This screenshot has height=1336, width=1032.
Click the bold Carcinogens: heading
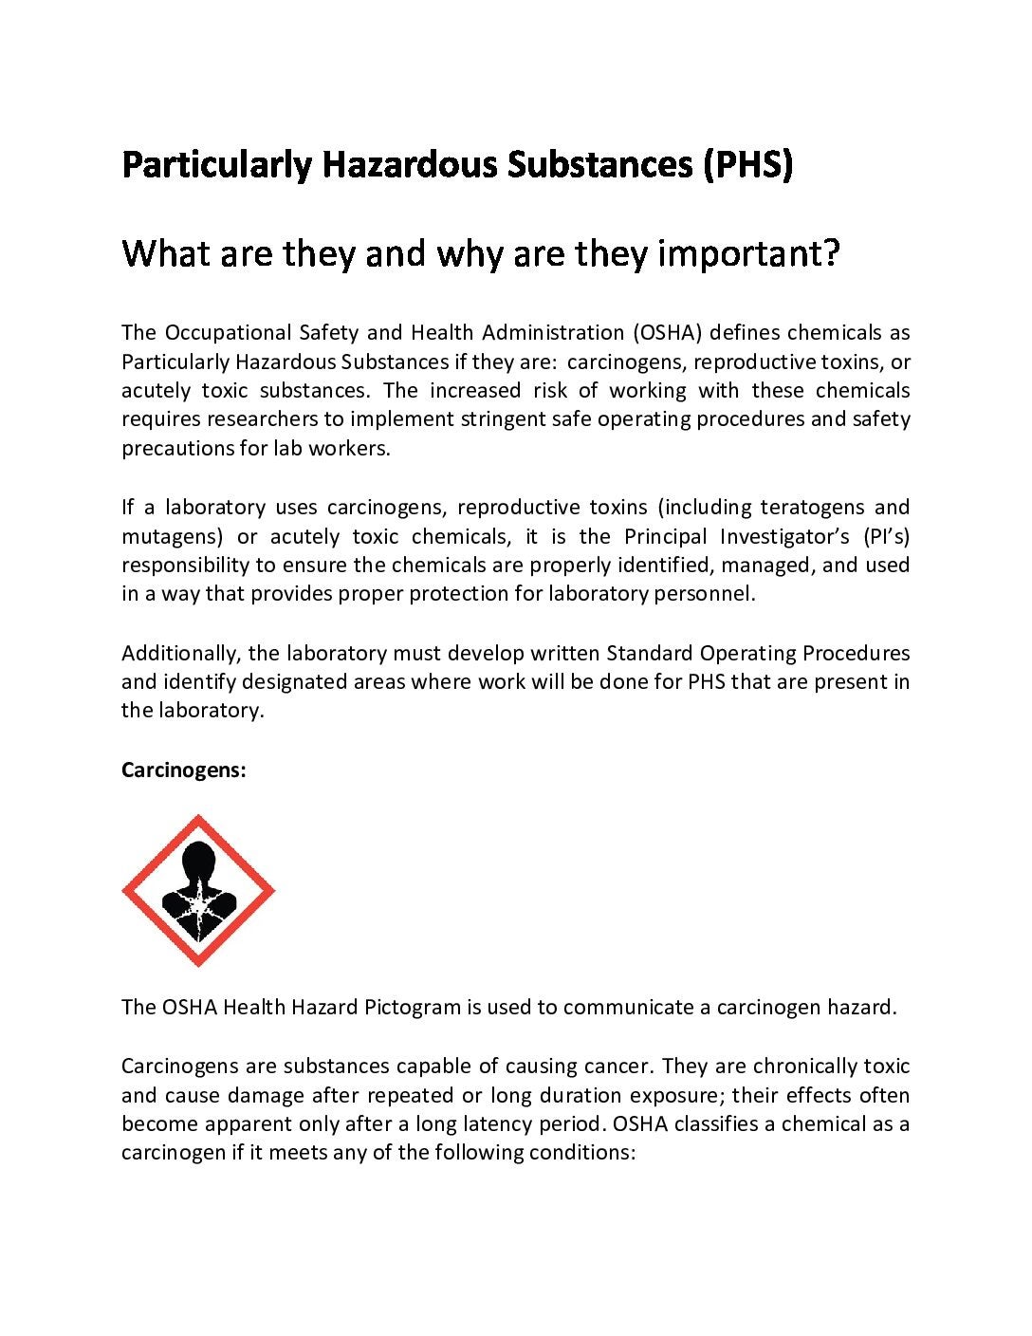pos(183,770)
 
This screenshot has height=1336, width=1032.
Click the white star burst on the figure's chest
pos(198,911)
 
